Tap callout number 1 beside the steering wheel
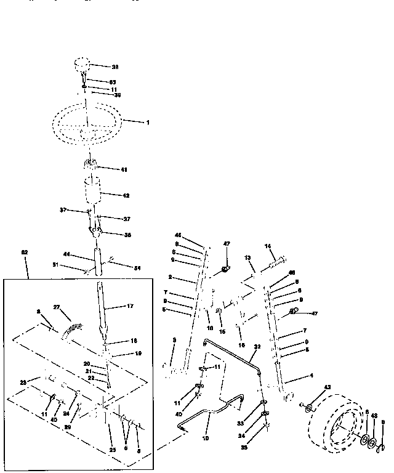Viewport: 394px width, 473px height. point(147,123)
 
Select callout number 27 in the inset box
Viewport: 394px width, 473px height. point(57,306)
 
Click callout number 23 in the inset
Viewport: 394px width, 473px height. point(24,382)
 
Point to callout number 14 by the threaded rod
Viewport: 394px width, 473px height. point(268,246)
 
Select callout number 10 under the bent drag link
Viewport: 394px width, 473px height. point(206,439)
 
